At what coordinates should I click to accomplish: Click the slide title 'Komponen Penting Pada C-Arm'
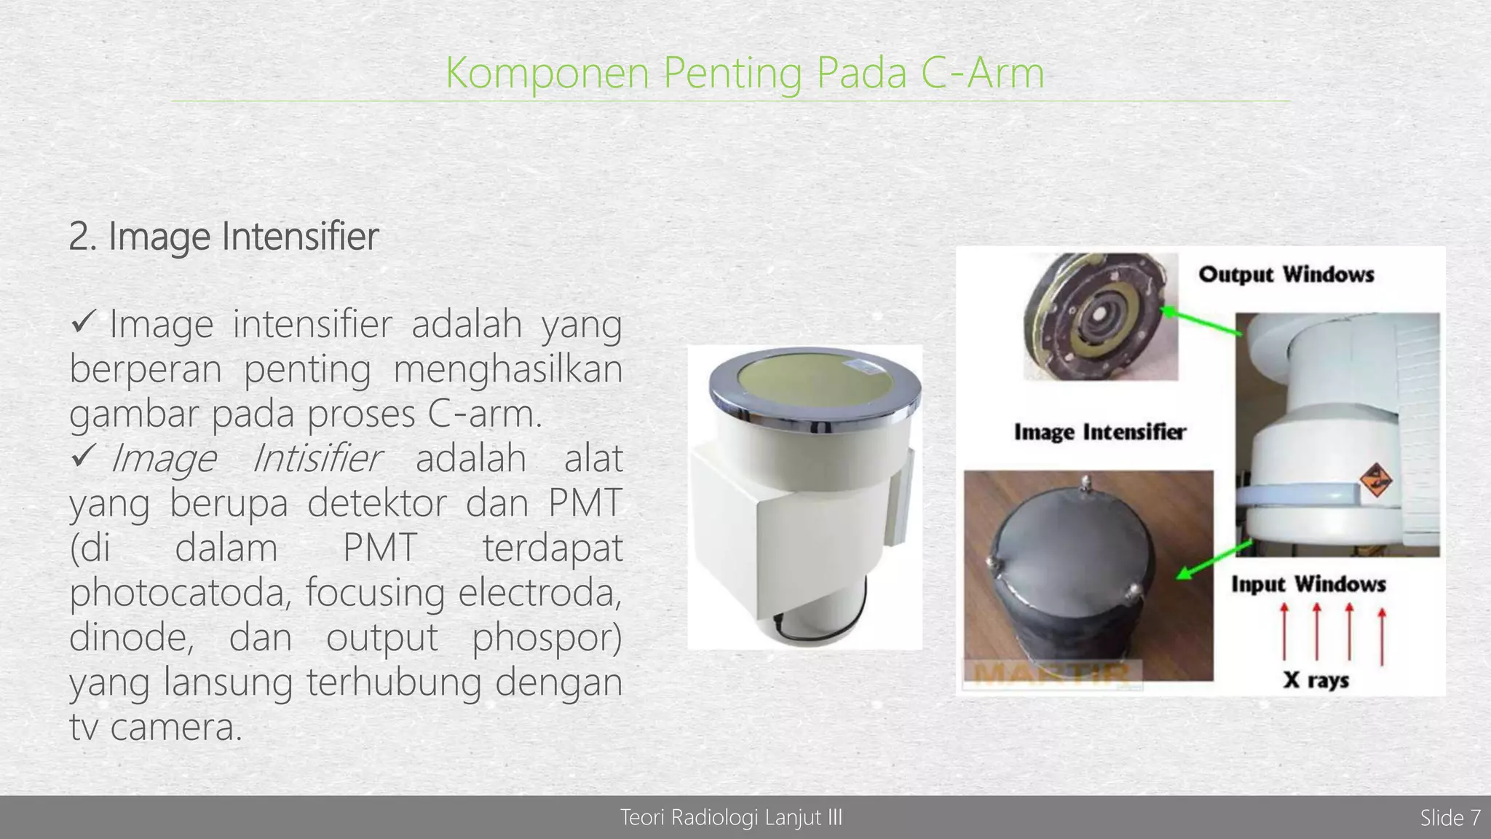[x=744, y=73]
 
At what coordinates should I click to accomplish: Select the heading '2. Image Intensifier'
[x=224, y=237]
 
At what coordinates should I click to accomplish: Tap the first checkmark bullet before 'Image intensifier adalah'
[x=83, y=321]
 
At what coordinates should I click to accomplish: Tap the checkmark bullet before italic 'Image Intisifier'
[x=83, y=456]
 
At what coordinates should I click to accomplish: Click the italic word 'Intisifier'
[x=316, y=459]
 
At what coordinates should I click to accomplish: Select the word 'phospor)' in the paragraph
[x=547, y=638]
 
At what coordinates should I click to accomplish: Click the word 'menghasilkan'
[x=507, y=369]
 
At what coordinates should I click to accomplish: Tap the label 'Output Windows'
[x=1286, y=275]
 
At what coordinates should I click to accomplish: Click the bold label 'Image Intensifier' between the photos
[x=1099, y=432]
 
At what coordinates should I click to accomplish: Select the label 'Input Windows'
[x=1308, y=584]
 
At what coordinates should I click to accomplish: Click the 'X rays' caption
[x=1316, y=680]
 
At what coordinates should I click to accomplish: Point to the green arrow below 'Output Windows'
[x=1201, y=322]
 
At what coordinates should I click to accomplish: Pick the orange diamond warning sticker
[x=1375, y=481]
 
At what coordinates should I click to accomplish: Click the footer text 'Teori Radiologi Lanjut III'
[x=731, y=818]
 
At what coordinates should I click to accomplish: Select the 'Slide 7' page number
[x=1450, y=818]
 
